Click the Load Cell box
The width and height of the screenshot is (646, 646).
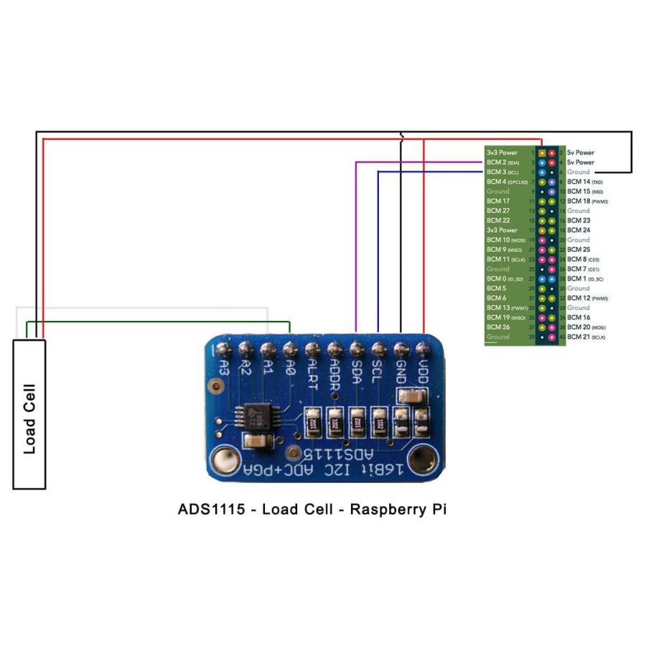(29, 414)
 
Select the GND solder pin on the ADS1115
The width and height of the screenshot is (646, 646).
(401, 350)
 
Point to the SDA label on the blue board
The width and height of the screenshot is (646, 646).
(357, 373)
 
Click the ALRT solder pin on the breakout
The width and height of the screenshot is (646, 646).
(312, 350)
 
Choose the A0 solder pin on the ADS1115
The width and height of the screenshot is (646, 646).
(290, 350)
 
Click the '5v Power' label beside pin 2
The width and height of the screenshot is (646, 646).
(580, 152)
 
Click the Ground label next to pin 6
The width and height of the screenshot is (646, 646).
(579, 172)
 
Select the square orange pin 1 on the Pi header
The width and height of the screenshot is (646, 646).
(542, 153)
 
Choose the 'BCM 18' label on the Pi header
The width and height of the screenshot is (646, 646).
(584, 201)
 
